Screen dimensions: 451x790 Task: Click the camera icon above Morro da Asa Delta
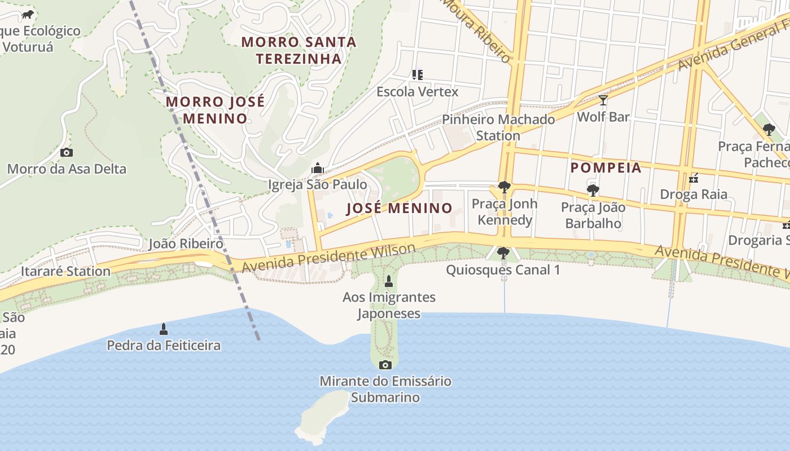pyautogui.click(x=67, y=152)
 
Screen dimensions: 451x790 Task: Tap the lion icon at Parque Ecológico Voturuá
pyautogui.click(x=28, y=15)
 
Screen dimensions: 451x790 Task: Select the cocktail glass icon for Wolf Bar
pyautogui.click(x=603, y=100)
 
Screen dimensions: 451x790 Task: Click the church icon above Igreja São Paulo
pyautogui.click(x=318, y=168)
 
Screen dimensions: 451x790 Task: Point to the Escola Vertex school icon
pyautogui.click(x=418, y=74)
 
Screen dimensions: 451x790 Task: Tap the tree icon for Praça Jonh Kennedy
pyautogui.click(x=504, y=187)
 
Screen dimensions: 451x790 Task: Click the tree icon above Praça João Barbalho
pyautogui.click(x=593, y=191)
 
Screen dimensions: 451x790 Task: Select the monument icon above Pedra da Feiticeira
pyautogui.click(x=164, y=329)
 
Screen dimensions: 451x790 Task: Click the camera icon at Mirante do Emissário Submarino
pyautogui.click(x=385, y=365)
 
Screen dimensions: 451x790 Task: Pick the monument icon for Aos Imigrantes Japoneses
pyautogui.click(x=388, y=281)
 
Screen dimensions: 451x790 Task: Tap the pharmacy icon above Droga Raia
pyautogui.click(x=694, y=178)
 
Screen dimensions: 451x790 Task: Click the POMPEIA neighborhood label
pyautogui.click(x=606, y=167)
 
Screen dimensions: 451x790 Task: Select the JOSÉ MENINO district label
pyautogui.click(x=399, y=208)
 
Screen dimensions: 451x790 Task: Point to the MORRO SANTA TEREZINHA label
pyautogui.click(x=299, y=50)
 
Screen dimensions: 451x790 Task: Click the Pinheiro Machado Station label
pyautogui.click(x=498, y=127)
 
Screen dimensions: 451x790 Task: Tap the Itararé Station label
pyautogui.click(x=65, y=271)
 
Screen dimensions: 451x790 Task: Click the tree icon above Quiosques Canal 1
pyautogui.click(x=503, y=253)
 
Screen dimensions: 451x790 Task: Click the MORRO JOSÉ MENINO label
pyautogui.click(x=215, y=110)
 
